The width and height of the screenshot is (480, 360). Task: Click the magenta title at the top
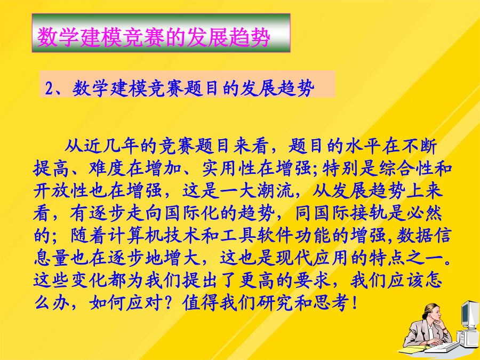coord(154,37)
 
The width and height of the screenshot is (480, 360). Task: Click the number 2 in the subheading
coord(49,89)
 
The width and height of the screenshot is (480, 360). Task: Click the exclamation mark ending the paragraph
coord(355,303)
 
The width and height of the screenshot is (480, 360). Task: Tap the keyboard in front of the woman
coord(442,348)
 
